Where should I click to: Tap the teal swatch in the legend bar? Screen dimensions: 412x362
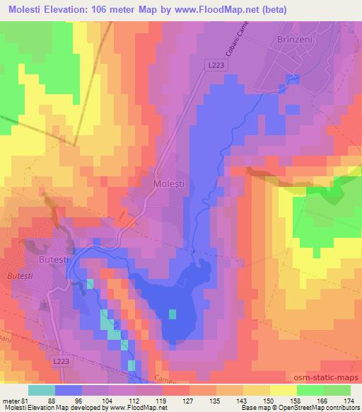tap(41, 389)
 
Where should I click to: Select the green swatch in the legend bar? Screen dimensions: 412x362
tap(310, 389)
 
